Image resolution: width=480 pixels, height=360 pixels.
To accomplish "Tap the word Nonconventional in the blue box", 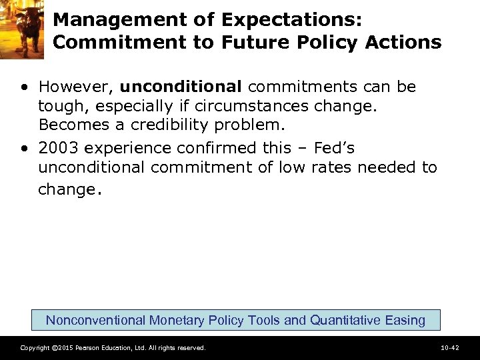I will pos(95,320).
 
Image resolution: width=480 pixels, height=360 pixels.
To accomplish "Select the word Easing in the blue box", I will pos(405,320).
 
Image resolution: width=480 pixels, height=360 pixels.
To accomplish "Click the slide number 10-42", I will pos(450,348).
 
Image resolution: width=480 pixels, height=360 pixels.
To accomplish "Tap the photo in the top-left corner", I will pos(22,29).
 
